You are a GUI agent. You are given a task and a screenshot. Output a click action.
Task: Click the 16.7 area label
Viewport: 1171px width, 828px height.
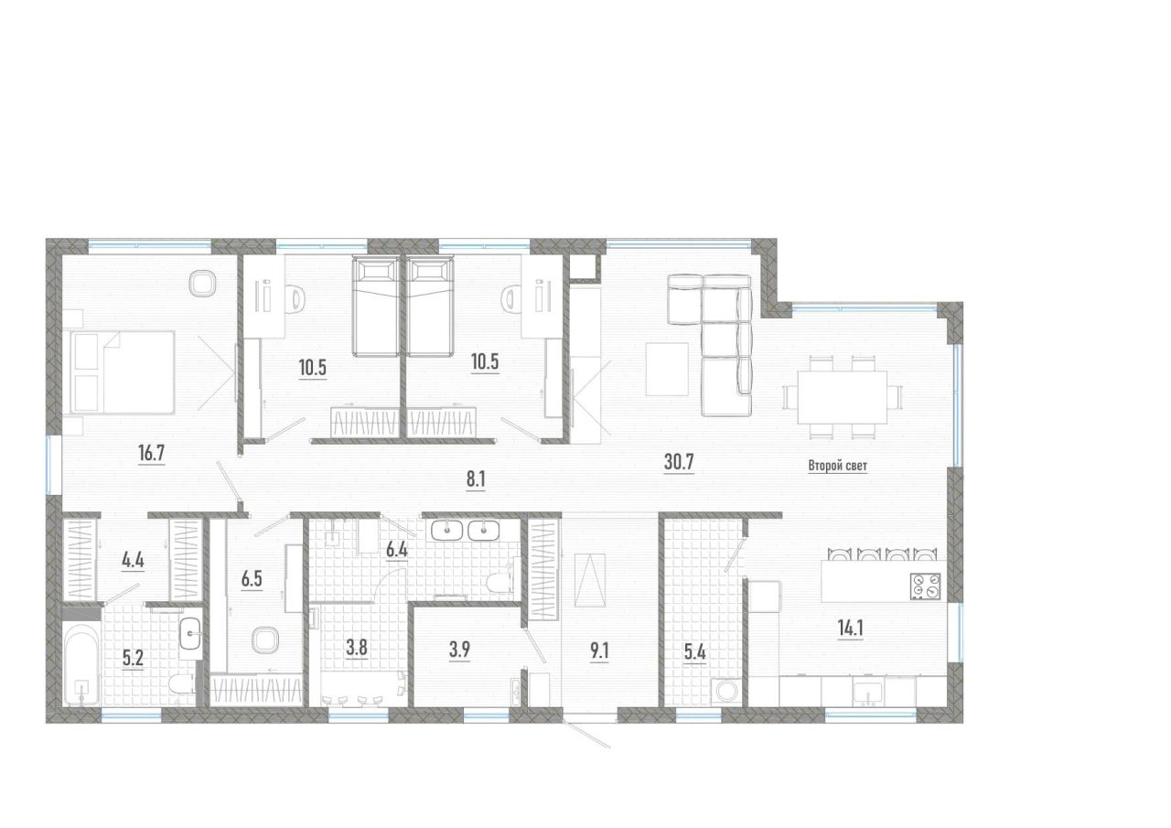coord(151,453)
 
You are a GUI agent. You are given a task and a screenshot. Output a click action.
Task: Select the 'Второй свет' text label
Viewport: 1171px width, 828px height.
coord(837,466)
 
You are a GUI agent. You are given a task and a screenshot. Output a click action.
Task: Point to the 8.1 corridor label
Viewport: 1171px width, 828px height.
coord(475,479)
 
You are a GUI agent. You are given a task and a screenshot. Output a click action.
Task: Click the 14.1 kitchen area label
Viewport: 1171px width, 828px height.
coord(850,629)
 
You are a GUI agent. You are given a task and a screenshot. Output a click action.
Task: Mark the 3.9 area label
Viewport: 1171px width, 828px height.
coord(459,650)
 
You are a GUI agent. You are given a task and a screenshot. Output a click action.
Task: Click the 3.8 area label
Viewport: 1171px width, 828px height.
coord(357,648)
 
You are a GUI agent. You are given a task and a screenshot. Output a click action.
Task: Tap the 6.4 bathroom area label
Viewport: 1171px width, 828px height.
coord(396,550)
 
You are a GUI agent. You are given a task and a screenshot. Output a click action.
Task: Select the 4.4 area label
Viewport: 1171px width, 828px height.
coord(133,560)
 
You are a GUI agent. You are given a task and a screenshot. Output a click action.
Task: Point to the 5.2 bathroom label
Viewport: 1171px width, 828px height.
coord(133,659)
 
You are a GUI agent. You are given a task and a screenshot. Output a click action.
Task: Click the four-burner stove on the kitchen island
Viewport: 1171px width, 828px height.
coord(925,586)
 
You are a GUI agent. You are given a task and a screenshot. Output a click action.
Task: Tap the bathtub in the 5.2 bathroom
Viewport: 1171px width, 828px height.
coord(81,662)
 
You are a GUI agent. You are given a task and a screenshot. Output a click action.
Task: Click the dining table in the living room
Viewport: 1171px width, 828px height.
coord(842,397)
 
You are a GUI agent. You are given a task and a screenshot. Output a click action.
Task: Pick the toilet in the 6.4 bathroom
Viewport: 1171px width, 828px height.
coord(500,582)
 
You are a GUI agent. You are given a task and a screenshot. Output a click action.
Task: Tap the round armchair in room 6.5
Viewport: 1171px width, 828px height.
coord(265,640)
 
